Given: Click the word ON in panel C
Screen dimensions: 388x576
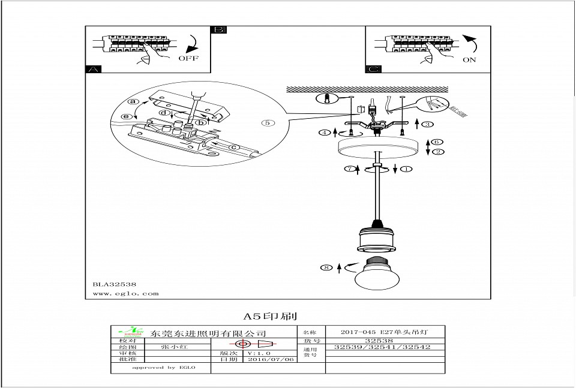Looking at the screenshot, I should click(470, 60).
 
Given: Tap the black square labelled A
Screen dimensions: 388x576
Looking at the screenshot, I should click(92, 70).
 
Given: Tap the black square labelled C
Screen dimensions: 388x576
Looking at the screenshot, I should click(373, 70).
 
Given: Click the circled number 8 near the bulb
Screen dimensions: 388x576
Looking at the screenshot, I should click(327, 268).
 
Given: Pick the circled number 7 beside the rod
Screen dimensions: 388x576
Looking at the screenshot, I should click(348, 169).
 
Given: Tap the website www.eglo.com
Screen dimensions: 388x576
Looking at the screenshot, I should click(125, 294).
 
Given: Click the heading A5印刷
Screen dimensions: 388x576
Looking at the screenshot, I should click(271, 316).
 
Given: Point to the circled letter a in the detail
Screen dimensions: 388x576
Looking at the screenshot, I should click(134, 103).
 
